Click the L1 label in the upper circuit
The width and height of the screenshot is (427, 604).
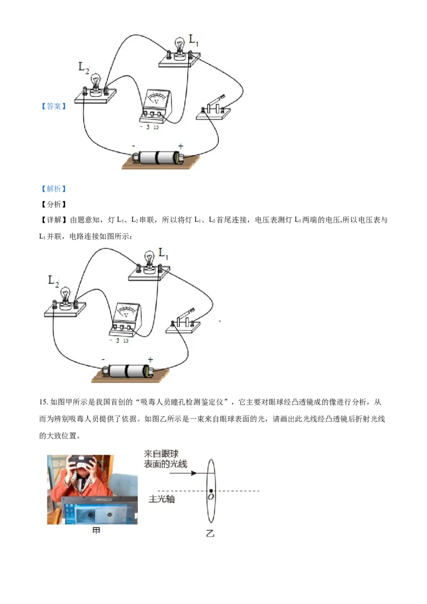tap(193, 40)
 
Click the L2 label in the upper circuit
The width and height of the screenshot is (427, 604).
tap(84, 68)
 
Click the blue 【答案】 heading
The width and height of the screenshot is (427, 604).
tap(53, 106)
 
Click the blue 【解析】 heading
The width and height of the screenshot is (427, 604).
tap(53, 189)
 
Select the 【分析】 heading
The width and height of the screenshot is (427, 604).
tap(53, 204)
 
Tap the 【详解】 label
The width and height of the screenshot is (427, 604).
tap(53, 220)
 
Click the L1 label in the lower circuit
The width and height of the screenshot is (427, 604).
tap(163, 253)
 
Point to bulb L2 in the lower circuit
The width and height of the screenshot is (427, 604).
tap(66, 298)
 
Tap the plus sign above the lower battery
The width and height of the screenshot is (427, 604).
tap(151, 360)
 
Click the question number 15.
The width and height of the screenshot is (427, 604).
tap(44, 402)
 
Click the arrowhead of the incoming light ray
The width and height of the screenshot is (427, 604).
tap(194, 473)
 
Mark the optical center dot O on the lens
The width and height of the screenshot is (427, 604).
tap(211, 491)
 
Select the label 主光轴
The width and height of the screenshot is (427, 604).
tap(162, 499)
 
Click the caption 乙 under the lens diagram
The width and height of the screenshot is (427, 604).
tap(210, 534)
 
